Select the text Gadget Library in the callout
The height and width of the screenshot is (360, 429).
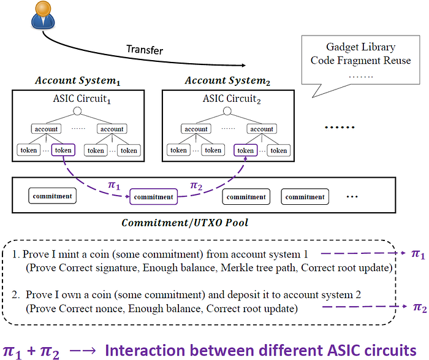[x=352, y=47]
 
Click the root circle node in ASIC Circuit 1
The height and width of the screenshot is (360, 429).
[x=77, y=112]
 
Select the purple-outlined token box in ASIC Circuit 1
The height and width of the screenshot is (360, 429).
[x=63, y=150]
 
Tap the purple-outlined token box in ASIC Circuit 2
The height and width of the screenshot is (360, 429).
[x=245, y=150]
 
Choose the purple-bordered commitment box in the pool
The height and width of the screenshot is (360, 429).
[x=153, y=197]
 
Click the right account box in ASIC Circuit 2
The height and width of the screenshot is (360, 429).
[x=262, y=129]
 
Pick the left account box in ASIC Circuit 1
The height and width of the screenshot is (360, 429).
[x=46, y=129]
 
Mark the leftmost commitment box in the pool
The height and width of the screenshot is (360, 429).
[x=51, y=197]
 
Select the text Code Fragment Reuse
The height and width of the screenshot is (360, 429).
[x=352, y=60]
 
